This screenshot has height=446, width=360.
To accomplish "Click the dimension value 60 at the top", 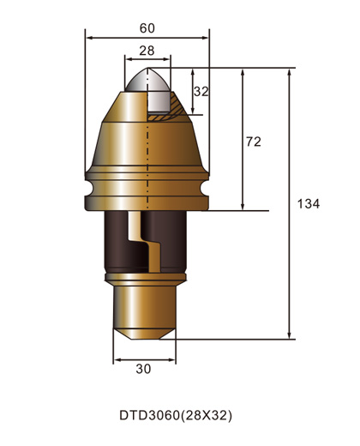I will (x=147, y=27).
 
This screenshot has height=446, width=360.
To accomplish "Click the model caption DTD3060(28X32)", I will (x=175, y=415).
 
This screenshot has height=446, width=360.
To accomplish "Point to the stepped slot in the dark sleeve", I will (x=147, y=249).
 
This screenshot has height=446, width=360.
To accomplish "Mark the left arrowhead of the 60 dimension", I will (x=89, y=38).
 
